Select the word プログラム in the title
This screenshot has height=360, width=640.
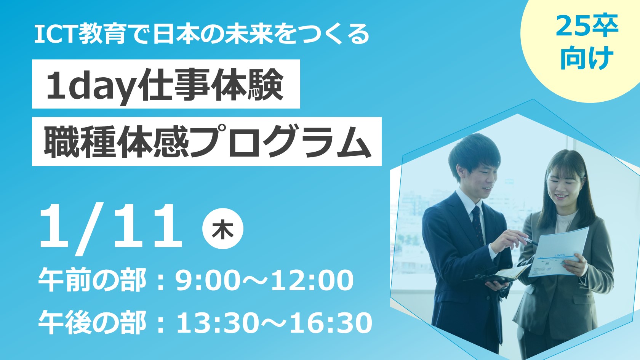[280, 141]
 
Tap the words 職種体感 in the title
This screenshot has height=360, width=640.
[116, 141]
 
